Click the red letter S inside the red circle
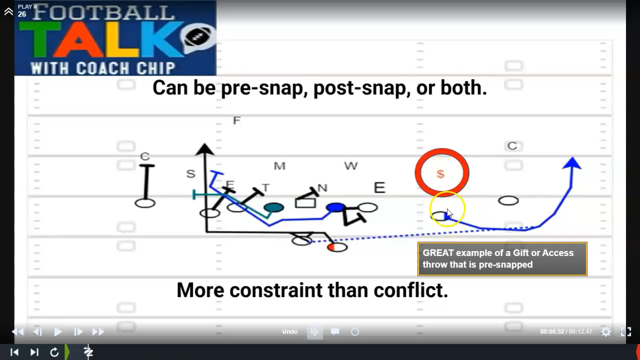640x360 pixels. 440,174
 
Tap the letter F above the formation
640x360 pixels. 236,120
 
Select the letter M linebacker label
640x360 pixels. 279,166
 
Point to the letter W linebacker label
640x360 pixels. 351,165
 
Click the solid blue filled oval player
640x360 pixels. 335,207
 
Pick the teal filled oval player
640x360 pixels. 273,207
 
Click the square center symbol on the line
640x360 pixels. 305,203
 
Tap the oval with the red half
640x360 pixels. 337,247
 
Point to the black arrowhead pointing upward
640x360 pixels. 204,149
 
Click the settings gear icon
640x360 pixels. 605,331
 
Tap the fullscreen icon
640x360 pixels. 626,331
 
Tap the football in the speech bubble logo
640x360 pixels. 197,36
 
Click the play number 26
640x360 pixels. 22,14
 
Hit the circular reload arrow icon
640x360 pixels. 54,352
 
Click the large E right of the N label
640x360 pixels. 379,187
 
